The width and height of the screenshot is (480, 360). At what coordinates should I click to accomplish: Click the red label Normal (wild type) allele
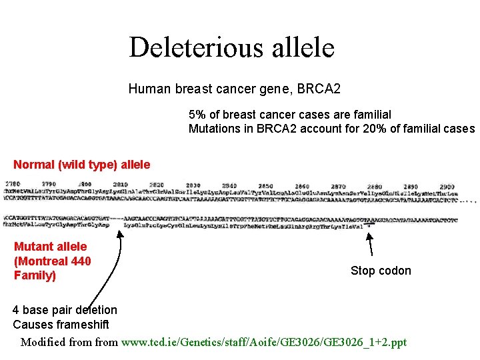tap(82, 165)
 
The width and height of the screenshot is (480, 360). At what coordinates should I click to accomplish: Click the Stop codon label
tap(381, 271)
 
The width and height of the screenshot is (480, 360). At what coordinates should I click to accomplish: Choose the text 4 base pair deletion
tap(65, 310)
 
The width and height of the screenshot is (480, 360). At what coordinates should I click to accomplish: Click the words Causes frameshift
tap(61, 325)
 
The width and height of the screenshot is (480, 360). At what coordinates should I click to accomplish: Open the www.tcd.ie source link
tap(263, 343)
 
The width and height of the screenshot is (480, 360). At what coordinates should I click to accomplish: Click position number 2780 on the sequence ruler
tap(13, 184)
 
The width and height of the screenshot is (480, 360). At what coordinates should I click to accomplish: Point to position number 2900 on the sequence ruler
tap(447, 187)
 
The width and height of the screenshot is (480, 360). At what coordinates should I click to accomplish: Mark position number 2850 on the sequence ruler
tap(265, 185)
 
